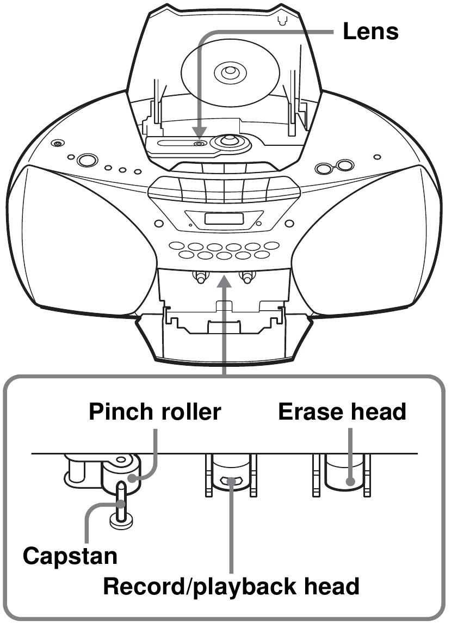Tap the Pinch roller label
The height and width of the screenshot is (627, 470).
(154, 411)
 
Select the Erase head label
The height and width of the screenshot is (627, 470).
(342, 411)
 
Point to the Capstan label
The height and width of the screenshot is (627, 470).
(70, 556)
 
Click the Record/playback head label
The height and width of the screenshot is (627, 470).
(231, 586)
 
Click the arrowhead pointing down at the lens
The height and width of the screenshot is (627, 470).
(199, 132)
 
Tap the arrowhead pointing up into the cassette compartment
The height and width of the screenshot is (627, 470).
(224, 281)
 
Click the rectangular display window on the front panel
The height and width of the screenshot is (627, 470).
(224, 219)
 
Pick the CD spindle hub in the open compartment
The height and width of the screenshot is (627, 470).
(228, 141)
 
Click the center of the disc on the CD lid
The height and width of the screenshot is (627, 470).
(230, 72)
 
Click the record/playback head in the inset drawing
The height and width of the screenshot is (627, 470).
(231, 472)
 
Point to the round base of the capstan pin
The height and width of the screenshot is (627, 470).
(121, 521)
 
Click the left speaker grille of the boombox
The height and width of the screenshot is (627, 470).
(80, 240)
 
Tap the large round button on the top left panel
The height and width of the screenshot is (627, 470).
(87, 160)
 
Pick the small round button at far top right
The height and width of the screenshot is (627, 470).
(377, 157)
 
